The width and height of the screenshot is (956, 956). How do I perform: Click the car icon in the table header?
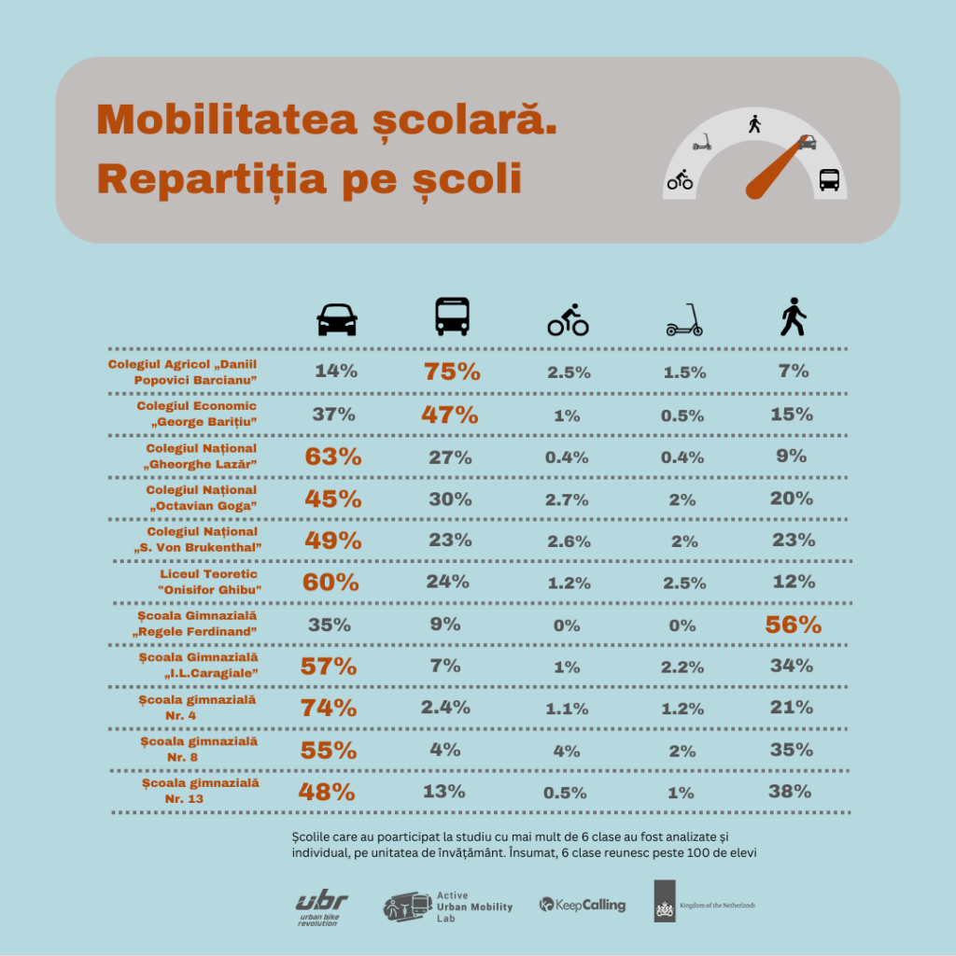coord(337,320)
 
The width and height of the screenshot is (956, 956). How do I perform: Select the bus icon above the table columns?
coord(452,317)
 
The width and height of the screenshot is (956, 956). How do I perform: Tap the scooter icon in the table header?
coord(684,320)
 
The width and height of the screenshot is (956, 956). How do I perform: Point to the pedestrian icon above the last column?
coord(793,317)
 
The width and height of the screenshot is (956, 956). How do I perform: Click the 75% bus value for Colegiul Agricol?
coord(452,371)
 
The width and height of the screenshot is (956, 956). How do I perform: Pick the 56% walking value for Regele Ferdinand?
coord(793,626)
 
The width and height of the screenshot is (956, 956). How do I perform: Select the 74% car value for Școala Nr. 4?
coord(329,708)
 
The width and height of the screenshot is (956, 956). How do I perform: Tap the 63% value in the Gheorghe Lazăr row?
coord(332,457)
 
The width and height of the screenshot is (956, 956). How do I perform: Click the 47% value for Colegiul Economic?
coord(450,415)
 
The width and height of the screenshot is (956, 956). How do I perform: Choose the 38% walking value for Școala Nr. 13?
coord(791,792)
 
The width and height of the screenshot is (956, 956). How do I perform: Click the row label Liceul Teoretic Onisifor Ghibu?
coord(208,582)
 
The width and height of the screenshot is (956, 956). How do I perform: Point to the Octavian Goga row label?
coord(201,498)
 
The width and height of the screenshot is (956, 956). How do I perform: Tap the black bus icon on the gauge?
coord(829,180)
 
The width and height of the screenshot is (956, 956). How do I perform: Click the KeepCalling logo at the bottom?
coord(582,905)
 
